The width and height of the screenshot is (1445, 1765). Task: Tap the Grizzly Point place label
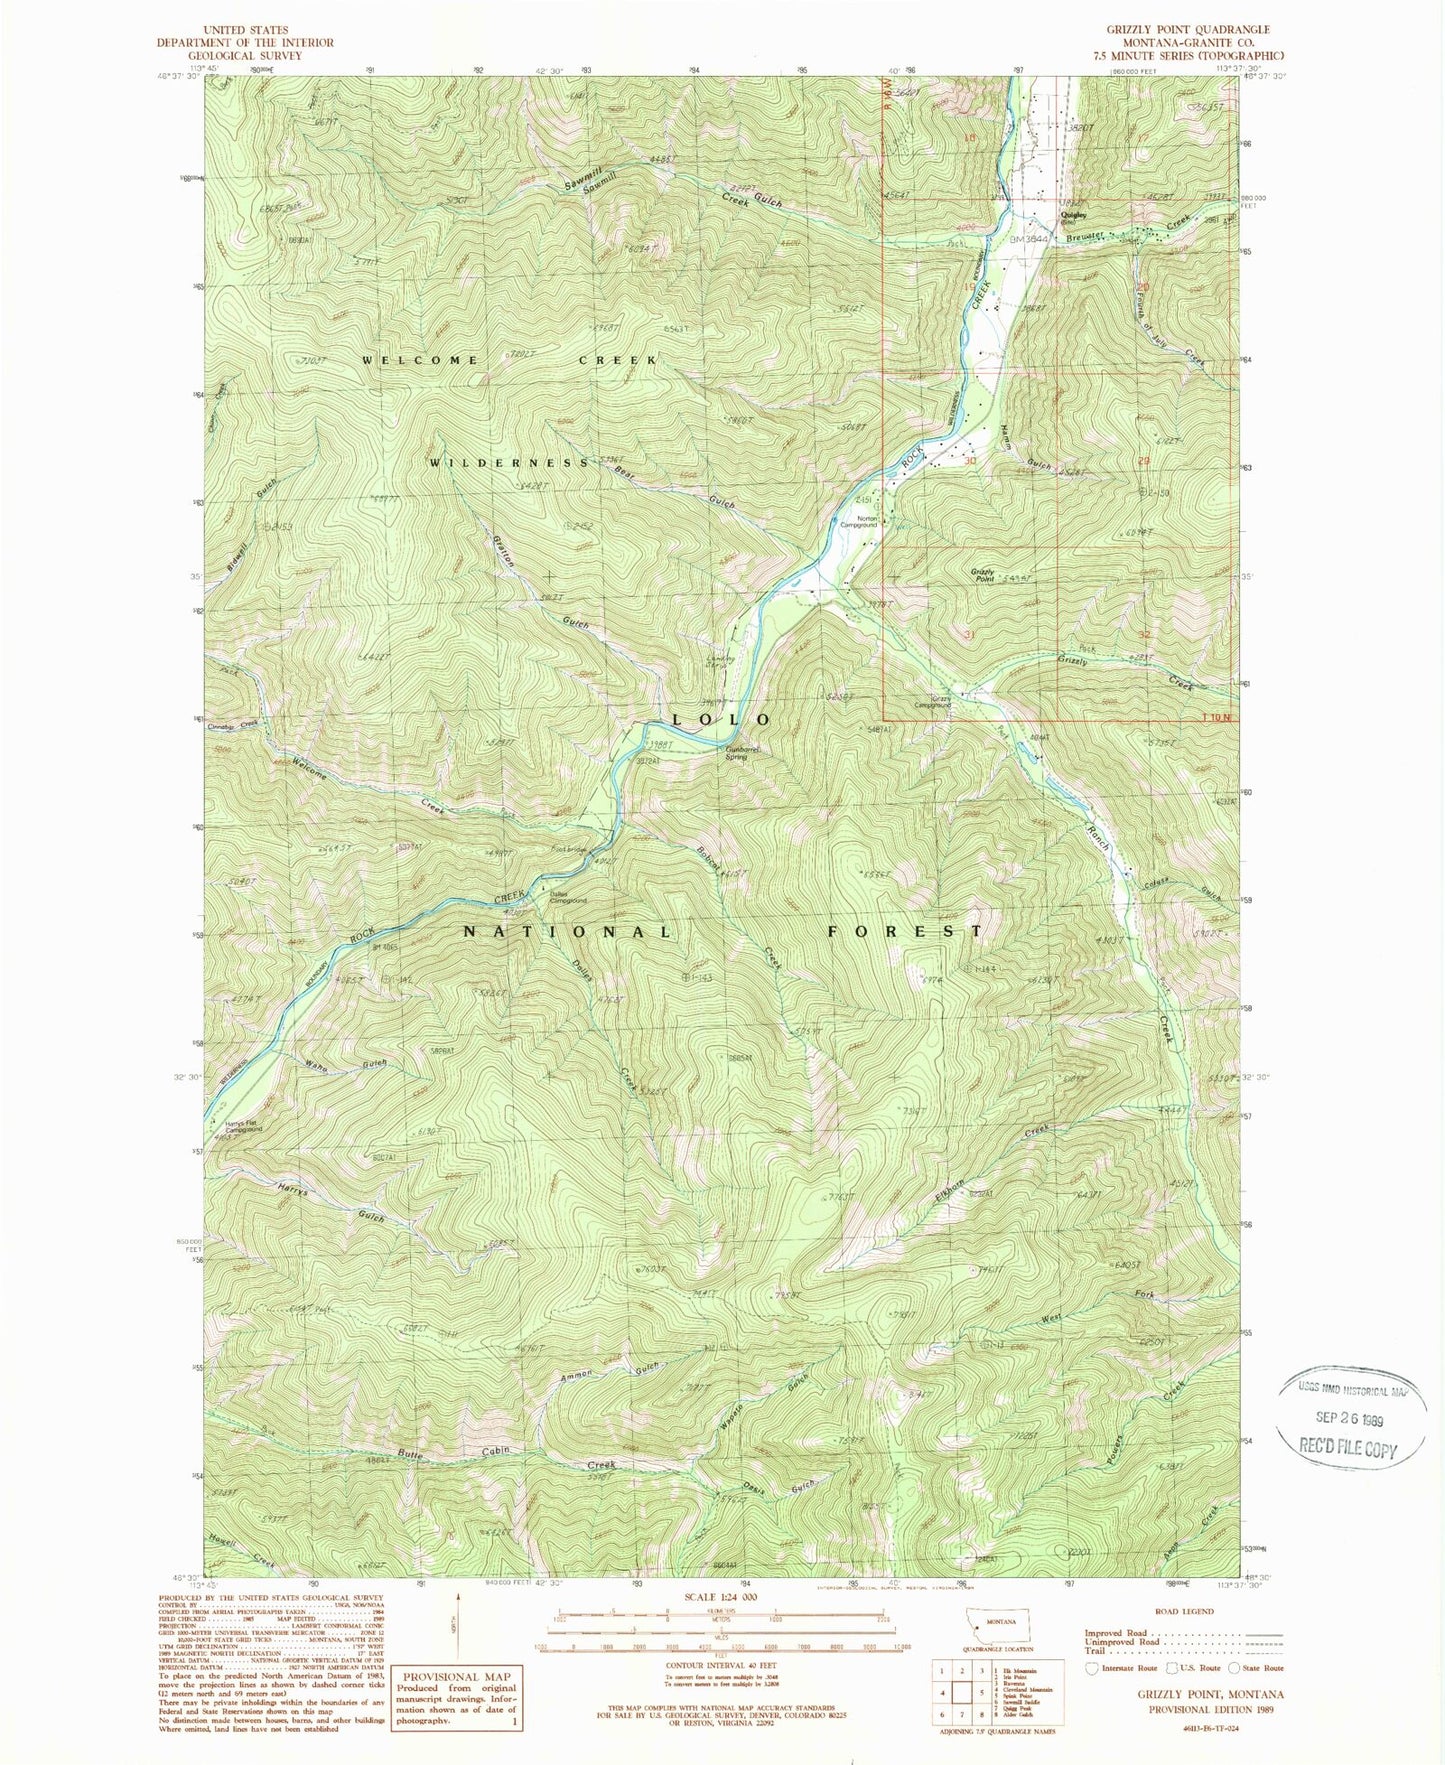[x=981, y=575]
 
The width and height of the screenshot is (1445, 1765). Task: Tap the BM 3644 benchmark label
[x=1029, y=239]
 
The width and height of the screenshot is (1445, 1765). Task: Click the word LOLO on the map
[x=722, y=720]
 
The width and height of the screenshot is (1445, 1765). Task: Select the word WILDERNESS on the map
[x=510, y=463]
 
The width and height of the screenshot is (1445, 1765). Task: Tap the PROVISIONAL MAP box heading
[x=457, y=1677]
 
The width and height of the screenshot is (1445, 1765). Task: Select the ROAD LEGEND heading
[x=1184, y=1612]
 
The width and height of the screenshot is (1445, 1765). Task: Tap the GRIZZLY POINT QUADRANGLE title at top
[x=1194, y=30]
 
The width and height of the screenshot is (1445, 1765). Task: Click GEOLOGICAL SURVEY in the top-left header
[x=245, y=56]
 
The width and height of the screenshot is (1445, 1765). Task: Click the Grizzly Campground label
[x=940, y=702]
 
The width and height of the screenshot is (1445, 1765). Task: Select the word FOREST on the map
[x=905, y=931]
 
